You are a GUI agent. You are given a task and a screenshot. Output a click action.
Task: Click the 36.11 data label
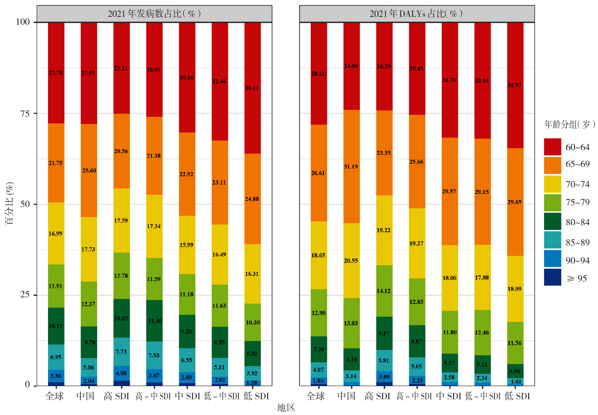252,88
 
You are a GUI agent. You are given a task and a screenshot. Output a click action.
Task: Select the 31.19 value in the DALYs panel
351,167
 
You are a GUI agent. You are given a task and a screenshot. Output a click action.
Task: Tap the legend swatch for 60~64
552,147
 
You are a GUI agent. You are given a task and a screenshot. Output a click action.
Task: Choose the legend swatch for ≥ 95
552,277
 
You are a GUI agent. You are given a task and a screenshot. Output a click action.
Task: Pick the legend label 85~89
577,242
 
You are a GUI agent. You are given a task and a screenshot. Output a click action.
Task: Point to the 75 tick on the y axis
25,114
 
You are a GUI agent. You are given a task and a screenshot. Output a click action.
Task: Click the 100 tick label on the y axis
23,22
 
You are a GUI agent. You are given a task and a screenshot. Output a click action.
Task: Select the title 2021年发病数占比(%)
154,14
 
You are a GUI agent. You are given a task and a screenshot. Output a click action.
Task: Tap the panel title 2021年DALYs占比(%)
416,14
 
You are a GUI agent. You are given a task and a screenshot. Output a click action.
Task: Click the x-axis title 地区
286,408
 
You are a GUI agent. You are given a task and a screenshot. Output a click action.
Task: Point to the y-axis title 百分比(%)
9,203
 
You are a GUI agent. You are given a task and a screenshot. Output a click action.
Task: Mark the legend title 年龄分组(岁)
570,125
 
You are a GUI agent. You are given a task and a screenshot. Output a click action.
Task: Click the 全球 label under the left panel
55,396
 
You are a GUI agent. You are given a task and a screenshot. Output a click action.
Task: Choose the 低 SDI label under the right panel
517,396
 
